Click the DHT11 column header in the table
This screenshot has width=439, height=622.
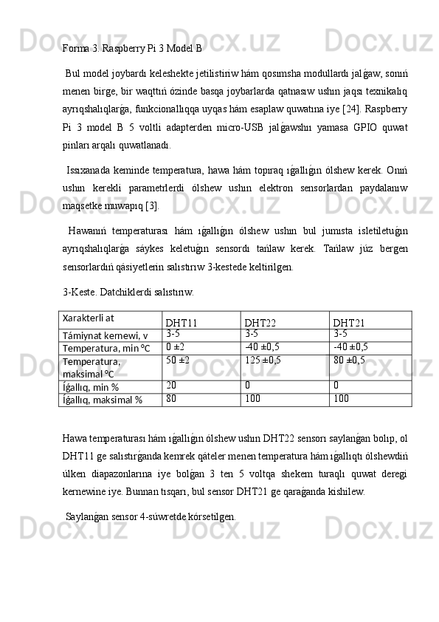coord(181,323)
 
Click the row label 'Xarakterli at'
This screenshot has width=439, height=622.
coord(88,318)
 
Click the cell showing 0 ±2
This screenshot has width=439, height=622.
coord(175,346)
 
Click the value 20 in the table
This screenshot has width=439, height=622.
coord(171,385)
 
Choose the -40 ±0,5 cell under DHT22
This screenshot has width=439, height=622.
coord(262,346)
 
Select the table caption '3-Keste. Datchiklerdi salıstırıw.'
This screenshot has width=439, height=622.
coord(128,292)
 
